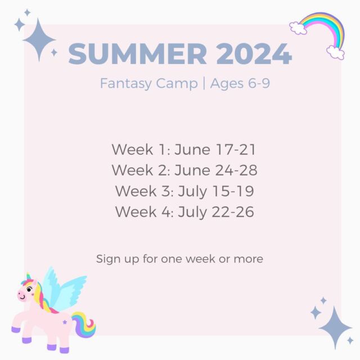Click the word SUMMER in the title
138,54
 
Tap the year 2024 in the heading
254,54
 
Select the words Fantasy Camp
148,83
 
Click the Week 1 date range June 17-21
215,150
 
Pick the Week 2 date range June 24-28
216,170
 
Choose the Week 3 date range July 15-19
216,191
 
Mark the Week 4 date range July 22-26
216,212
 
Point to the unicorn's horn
29,277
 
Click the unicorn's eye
29,289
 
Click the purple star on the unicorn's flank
65,322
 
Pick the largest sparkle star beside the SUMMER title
39,40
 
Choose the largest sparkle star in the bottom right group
335,328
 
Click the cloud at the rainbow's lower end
335,52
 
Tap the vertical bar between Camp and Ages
204,84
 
